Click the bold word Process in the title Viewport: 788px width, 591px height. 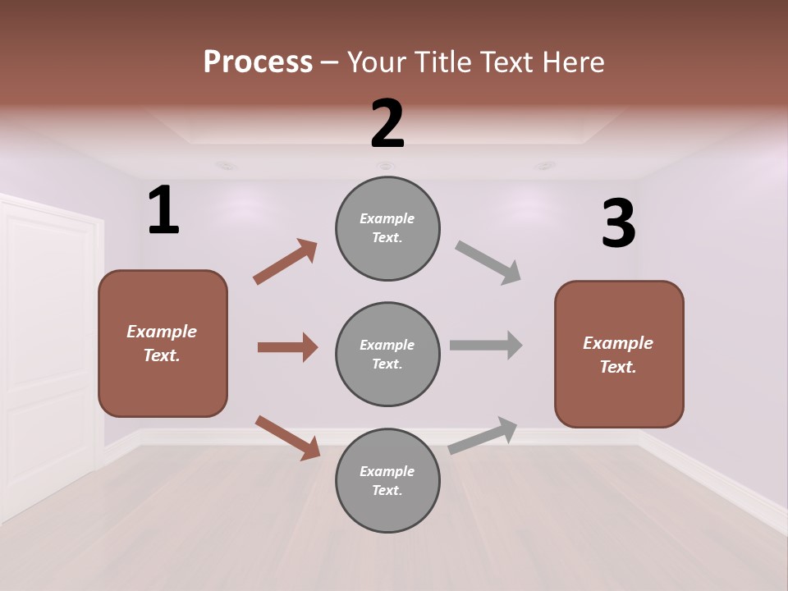[x=258, y=62]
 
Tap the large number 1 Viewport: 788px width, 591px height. [x=163, y=211]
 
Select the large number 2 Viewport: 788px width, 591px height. [x=387, y=124]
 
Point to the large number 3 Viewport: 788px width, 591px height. [x=618, y=224]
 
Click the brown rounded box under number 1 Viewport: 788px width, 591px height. [x=163, y=343]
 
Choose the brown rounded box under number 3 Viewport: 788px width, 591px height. [x=619, y=354]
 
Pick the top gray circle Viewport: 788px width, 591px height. [x=387, y=228]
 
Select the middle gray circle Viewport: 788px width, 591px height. [x=387, y=354]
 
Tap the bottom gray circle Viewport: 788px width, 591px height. [x=387, y=480]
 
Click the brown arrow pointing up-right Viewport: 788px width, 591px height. [x=285, y=262]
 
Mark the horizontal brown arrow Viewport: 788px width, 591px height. [x=287, y=347]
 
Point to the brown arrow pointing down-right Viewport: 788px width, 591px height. [x=287, y=437]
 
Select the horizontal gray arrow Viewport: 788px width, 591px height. [x=486, y=345]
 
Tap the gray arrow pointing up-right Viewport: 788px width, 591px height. [x=483, y=435]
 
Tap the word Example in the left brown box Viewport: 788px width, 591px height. [x=162, y=332]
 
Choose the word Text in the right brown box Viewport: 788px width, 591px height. [x=617, y=367]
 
